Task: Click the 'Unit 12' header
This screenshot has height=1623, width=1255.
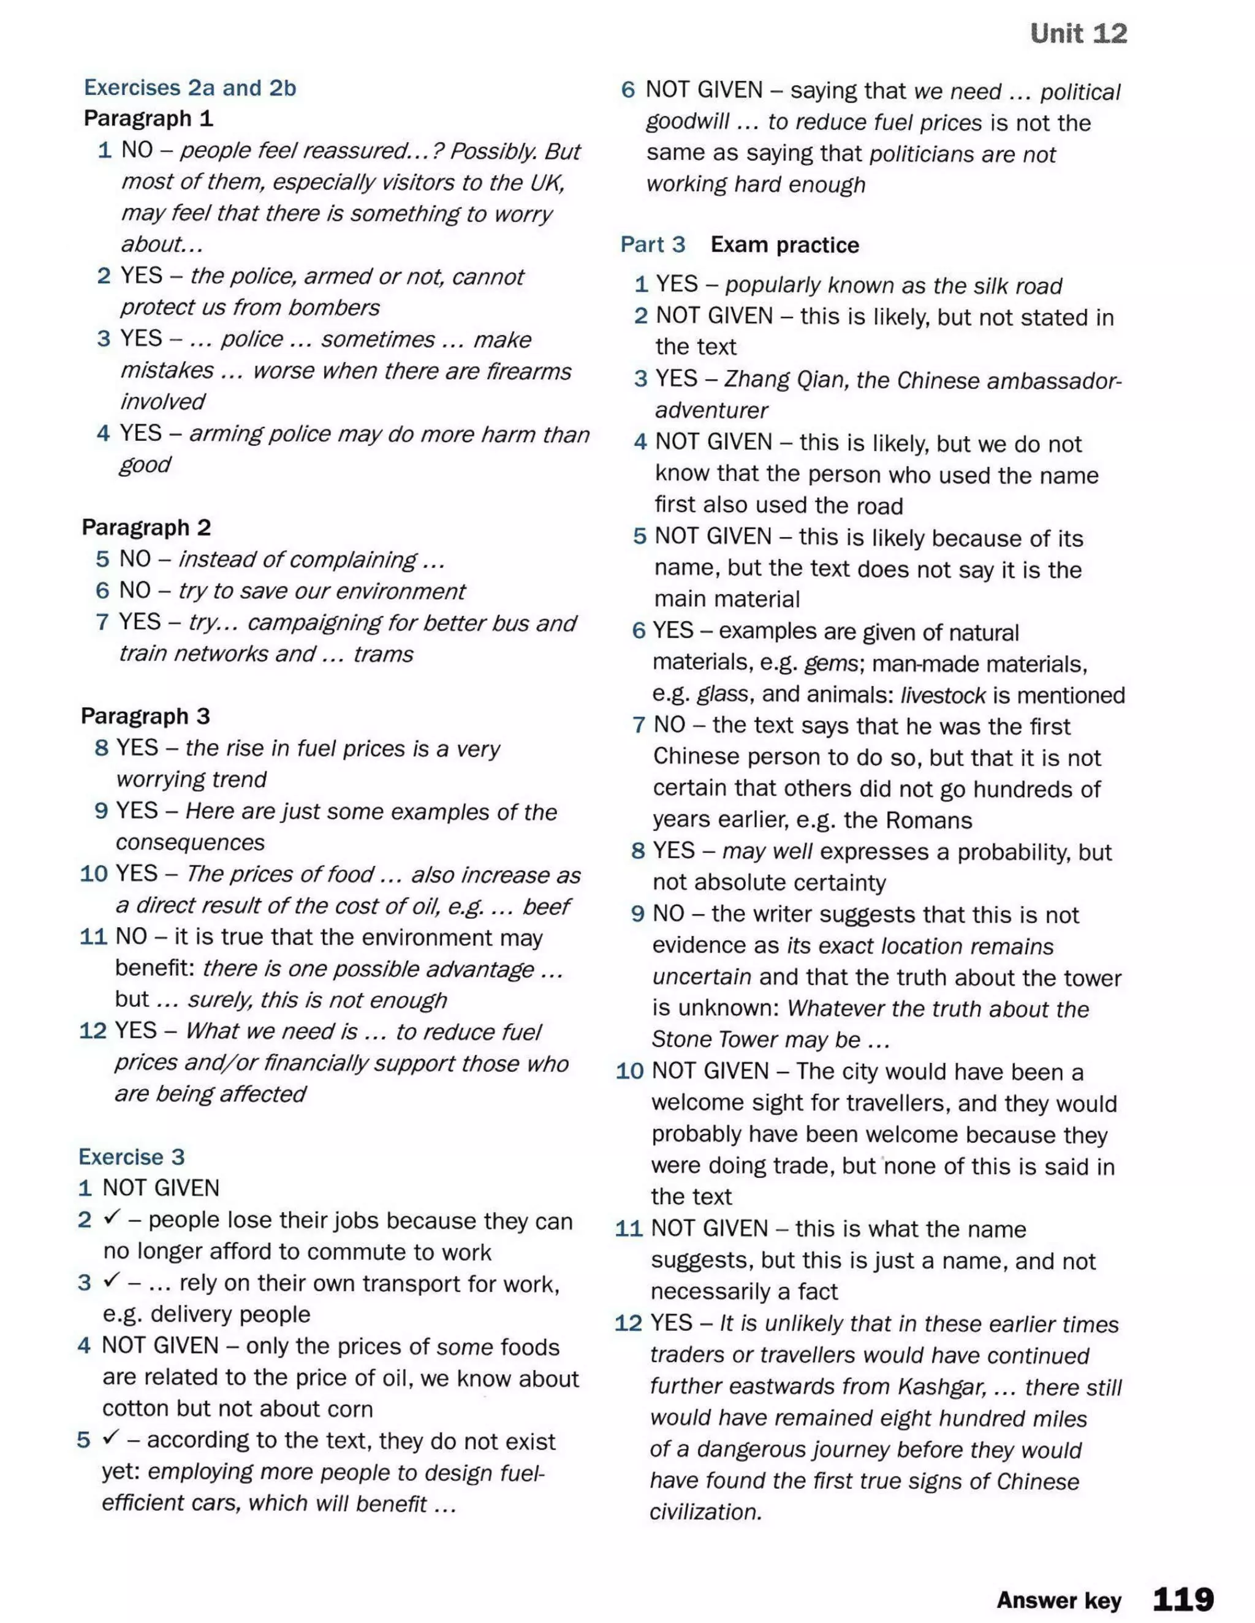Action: (x=1078, y=34)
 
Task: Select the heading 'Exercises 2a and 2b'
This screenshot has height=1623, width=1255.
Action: (x=189, y=88)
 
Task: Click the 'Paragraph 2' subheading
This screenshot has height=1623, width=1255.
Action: (x=146, y=527)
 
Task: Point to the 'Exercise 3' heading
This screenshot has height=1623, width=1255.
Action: (x=132, y=1156)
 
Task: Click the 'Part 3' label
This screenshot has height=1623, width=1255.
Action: (x=653, y=244)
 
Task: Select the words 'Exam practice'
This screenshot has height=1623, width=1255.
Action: (x=784, y=244)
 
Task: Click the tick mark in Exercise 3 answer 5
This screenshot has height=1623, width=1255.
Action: (x=111, y=1439)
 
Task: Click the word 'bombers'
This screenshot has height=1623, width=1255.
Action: (x=334, y=307)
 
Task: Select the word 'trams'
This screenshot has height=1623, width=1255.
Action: (x=383, y=654)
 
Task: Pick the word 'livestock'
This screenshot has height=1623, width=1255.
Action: (x=942, y=695)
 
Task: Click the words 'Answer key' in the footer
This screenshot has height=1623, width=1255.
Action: (x=1059, y=1600)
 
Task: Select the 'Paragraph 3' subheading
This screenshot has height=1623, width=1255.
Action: (x=146, y=715)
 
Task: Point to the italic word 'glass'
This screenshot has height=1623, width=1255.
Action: (x=722, y=694)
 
